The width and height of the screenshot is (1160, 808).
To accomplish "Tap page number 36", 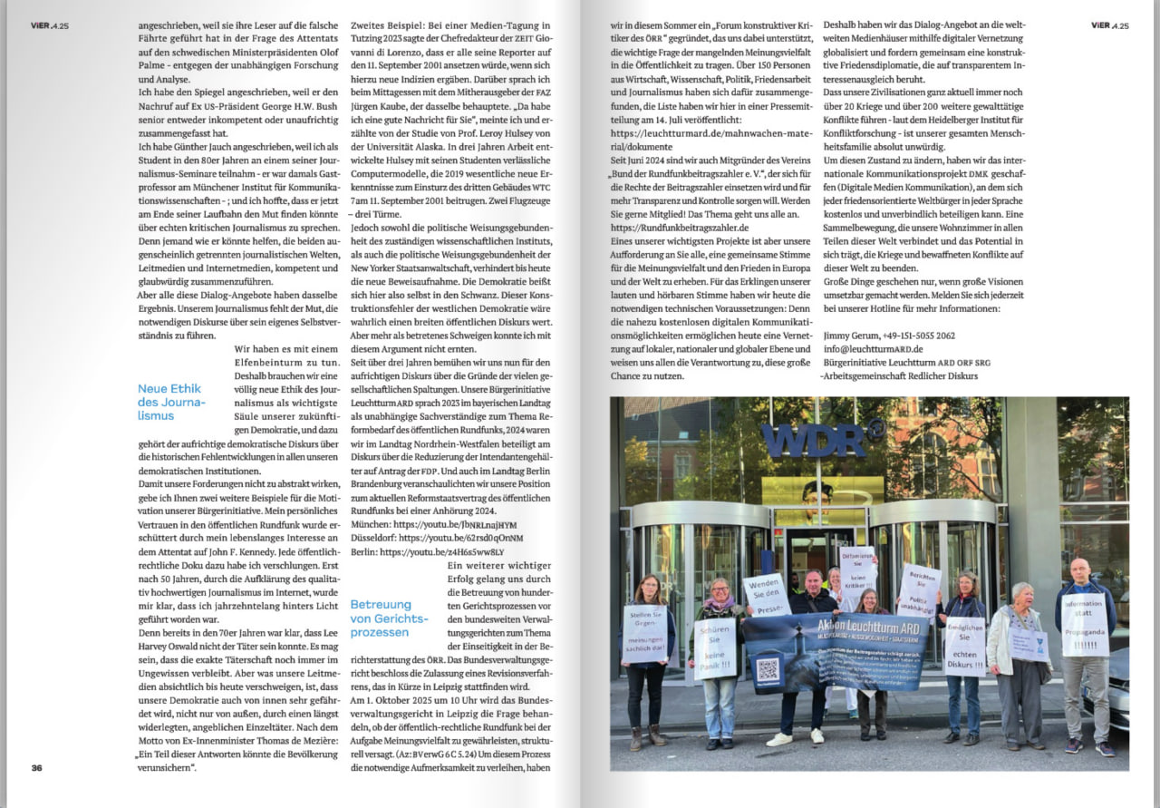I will point(37,767).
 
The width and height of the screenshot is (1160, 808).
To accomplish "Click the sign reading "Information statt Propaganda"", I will point(1084,625).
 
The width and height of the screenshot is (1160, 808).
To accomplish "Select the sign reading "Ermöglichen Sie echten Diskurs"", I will point(965,647).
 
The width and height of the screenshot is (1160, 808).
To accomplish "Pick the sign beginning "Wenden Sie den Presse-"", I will point(767,595).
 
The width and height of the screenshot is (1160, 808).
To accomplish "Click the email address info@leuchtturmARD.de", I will point(873,348).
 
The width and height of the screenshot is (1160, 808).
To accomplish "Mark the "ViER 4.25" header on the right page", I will point(1109,25).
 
